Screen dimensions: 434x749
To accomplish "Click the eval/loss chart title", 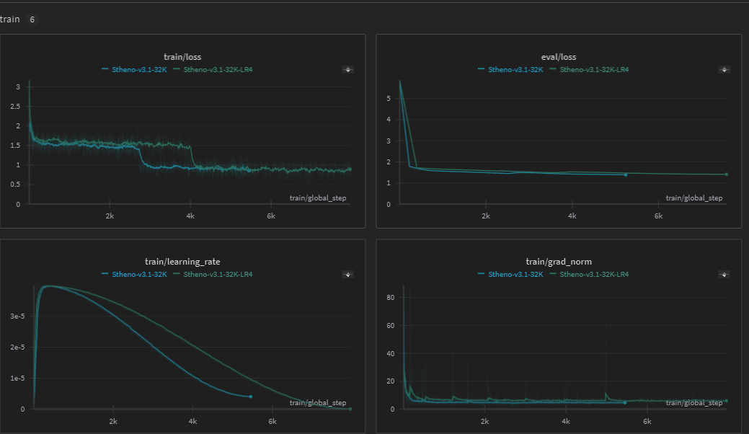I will click(x=558, y=57).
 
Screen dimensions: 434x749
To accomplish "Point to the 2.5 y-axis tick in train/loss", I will click(x=18, y=106).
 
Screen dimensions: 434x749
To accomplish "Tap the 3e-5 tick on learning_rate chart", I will click(x=17, y=316).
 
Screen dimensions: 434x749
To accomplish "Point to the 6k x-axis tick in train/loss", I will click(x=271, y=216).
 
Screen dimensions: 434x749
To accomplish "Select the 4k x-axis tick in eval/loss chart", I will click(x=572, y=216).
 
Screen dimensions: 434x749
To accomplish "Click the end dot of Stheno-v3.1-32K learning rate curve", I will click(x=250, y=397).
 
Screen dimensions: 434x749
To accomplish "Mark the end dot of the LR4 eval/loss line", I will click(x=726, y=174).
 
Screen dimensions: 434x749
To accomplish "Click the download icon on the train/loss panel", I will click(x=348, y=70).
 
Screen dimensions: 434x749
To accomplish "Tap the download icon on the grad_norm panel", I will click(x=724, y=274).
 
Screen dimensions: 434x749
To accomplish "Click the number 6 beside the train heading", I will click(x=32, y=19).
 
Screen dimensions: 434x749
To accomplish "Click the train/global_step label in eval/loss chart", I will click(x=693, y=198).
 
